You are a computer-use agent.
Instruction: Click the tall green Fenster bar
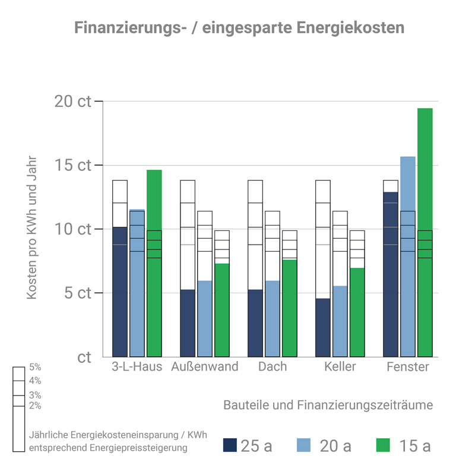[x=425, y=232]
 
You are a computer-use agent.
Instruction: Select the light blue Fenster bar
[x=408, y=255]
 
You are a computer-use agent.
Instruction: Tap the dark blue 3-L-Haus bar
[x=120, y=291]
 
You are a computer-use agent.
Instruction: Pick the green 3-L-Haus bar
[x=154, y=261]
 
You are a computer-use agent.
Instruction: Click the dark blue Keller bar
[x=322, y=327]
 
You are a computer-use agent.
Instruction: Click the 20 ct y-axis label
[x=73, y=101]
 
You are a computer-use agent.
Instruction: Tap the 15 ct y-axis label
[x=73, y=165]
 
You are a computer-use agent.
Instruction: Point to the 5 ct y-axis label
[x=77, y=293]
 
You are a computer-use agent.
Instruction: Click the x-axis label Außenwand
[x=204, y=366]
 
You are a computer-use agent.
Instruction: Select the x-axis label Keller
[x=340, y=366]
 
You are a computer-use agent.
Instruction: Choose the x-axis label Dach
[x=272, y=366]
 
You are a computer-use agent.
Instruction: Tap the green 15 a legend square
[x=384, y=445]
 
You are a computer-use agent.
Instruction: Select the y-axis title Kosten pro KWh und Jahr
[x=32, y=229]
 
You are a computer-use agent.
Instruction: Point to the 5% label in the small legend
[x=35, y=368]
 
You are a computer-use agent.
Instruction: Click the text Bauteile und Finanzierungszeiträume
[x=328, y=405]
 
